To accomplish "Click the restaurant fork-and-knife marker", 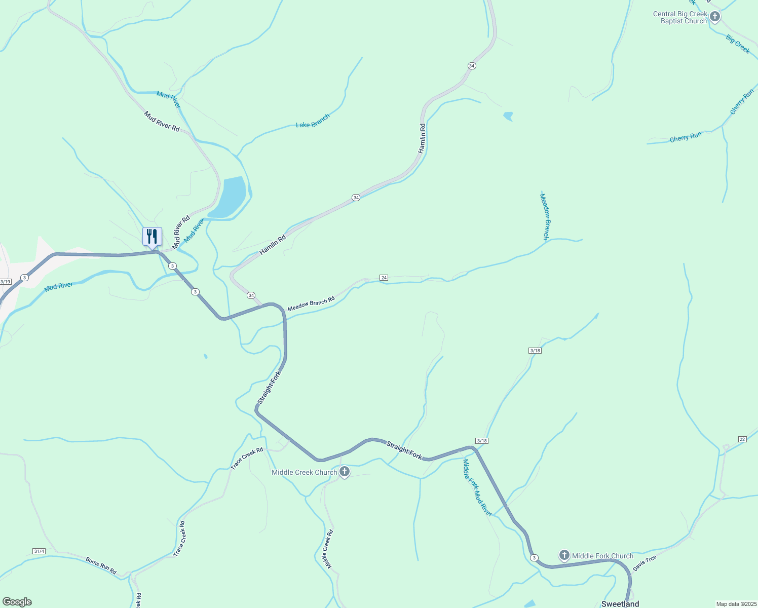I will (x=152, y=237).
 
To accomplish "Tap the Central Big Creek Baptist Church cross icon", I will (x=714, y=17).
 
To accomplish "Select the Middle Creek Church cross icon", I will (x=345, y=472).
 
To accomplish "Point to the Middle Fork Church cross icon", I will (x=564, y=555).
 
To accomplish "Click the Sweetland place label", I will (x=620, y=604).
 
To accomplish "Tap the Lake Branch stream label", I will (x=313, y=121).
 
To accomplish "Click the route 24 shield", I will (x=384, y=278).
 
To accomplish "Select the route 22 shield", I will (x=742, y=439).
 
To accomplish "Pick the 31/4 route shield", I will (x=39, y=551).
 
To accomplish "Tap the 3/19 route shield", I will (x=5, y=282).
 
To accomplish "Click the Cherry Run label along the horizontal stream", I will (x=686, y=137).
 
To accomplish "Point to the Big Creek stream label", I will (x=738, y=44).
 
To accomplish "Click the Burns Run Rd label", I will (x=101, y=566).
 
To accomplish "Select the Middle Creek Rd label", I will (x=327, y=549).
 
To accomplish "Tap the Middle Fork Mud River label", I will (x=477, y=487).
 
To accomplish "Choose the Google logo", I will (x=17, y=602).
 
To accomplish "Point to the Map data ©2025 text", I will (x=736, y=604).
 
